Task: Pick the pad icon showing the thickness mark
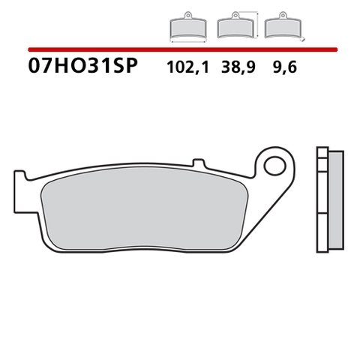[281, 28]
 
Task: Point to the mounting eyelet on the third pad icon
[281, 17]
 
